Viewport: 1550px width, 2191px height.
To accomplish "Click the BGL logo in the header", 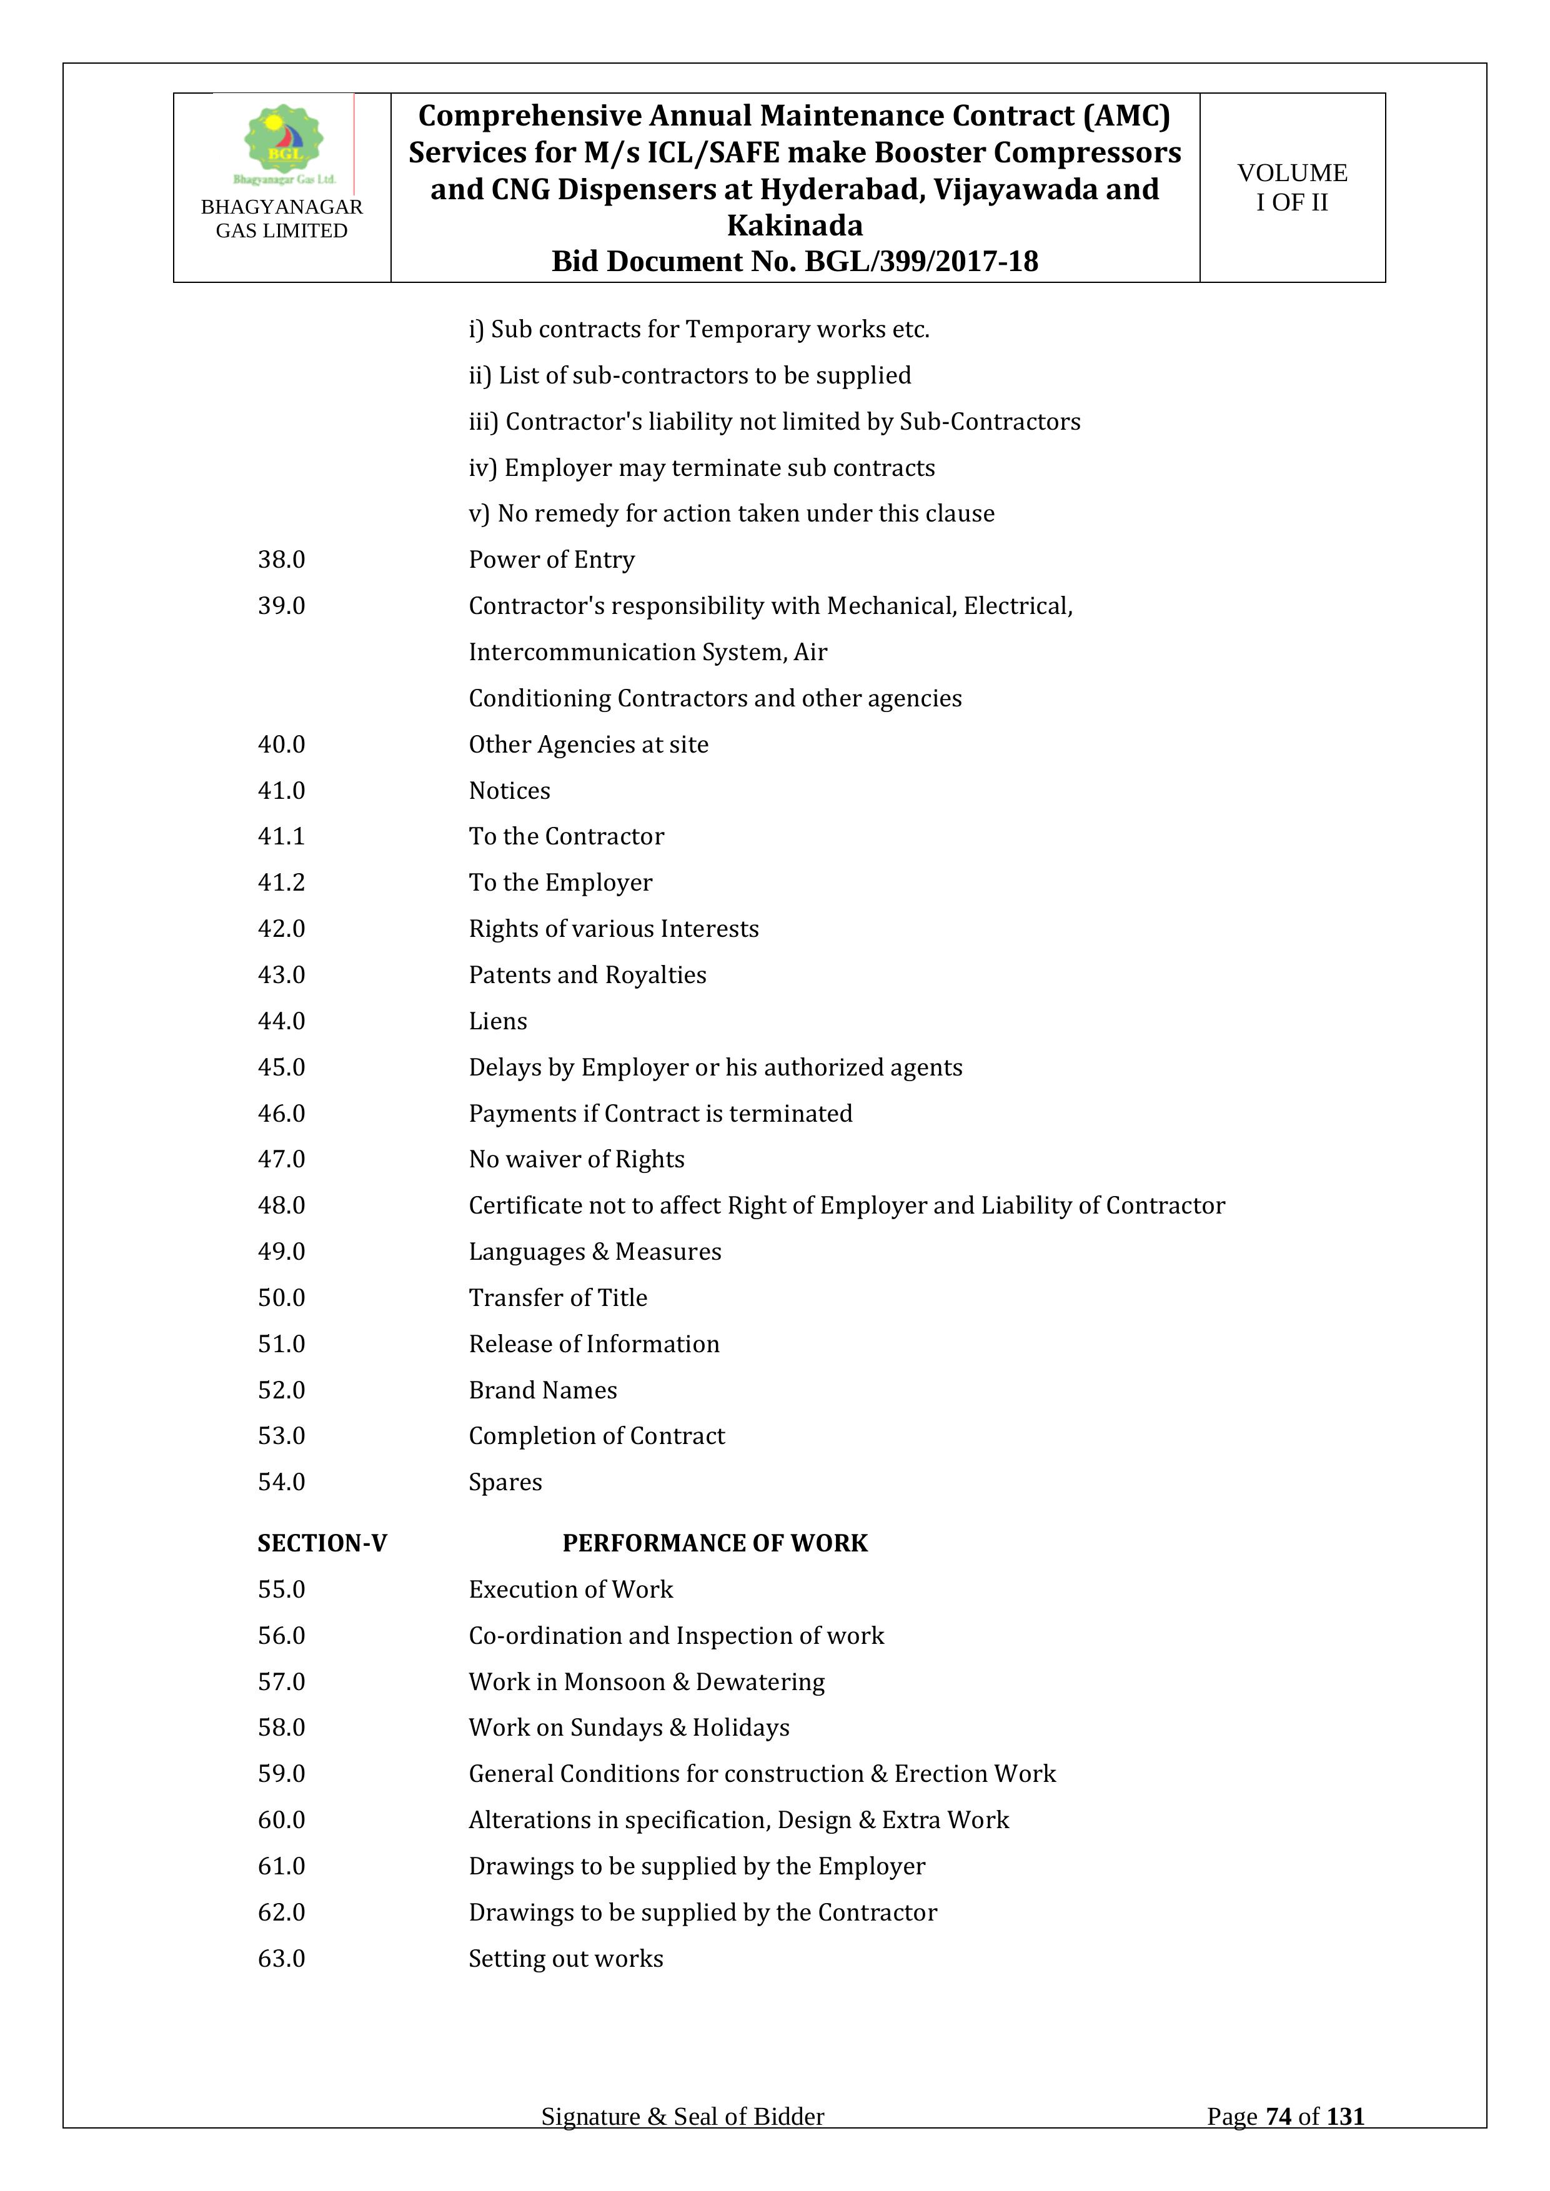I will pos(284,145).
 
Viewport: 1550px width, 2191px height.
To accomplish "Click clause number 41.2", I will pos(282,883).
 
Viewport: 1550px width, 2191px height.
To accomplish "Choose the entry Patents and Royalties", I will pos(587,974).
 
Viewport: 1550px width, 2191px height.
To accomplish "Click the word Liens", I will pos(497,1021).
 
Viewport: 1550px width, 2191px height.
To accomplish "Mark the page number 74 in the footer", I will pos(1278,2117).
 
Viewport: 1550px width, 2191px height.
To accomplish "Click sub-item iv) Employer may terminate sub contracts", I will pos(702,468).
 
